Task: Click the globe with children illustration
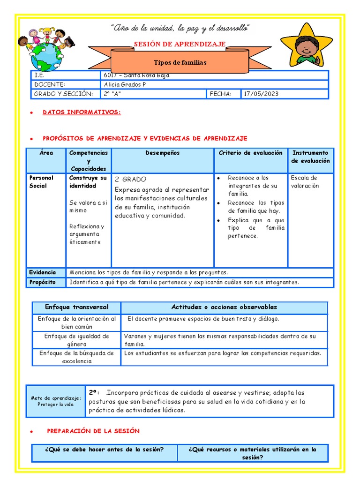click(x=47, y=51)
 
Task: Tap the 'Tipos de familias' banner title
click(x=180, y=62)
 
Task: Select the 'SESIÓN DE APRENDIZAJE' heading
click(x=180, y=44)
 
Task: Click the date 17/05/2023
click(x=261, y=94)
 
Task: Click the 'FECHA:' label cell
click(x=221, y=94)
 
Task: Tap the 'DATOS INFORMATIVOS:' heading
click(x=82, y=112)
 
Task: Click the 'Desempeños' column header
click(x=162, y=153)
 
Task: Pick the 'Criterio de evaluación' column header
click(x=250, y=153)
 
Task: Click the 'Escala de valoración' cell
click(x=304, y=182)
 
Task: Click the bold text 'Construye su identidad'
click(x=88, y=182)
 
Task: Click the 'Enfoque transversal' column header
click(x=76, y=307)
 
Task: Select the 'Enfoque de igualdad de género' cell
click(x=76, y=340)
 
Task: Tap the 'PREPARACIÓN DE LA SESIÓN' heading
click(x=93, y=431)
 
